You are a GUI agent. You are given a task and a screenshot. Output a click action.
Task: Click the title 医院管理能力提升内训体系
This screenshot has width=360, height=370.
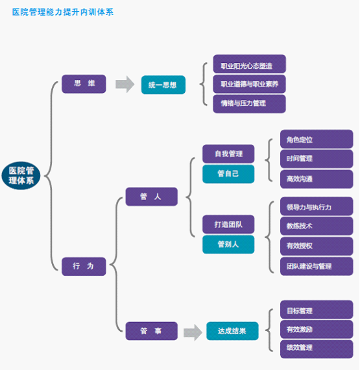[63, 12]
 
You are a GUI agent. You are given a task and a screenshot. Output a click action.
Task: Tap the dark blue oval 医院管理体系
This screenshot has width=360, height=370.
[21, 175]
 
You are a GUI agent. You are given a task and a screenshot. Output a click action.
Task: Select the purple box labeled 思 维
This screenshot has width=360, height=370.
[84, 84]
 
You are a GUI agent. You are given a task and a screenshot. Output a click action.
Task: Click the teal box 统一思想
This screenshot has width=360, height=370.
[163, 85]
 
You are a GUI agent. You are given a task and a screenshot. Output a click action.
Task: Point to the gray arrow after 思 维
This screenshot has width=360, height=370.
[125, 84]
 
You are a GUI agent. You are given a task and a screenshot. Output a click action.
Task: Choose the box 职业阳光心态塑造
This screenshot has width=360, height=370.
[250, 64]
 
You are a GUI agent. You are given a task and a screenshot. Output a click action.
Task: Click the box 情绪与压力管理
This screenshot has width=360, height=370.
[250, 104]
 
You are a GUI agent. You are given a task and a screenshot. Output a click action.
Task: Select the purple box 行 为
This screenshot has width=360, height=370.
[84, 266]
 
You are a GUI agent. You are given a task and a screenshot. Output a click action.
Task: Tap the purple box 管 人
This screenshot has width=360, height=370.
[152, 197]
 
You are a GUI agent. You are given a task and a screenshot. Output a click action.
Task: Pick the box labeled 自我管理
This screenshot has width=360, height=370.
[228, 154]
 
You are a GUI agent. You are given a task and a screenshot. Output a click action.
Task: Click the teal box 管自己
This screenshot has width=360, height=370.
[228, 174]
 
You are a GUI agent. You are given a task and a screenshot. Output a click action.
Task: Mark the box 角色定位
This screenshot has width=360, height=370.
[317, 139]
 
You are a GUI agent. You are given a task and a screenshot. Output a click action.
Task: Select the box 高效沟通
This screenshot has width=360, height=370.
[317, 179]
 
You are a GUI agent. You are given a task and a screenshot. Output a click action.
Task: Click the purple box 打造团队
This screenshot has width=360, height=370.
[228, 224]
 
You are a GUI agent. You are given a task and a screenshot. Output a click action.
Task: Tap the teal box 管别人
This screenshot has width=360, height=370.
[228, 245]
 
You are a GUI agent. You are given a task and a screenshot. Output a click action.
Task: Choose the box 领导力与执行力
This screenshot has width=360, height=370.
[317, 206]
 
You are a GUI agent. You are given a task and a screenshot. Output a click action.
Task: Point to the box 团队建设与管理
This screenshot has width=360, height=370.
[317, 266]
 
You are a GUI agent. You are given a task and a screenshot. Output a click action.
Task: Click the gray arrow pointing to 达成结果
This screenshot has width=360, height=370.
[193, 332]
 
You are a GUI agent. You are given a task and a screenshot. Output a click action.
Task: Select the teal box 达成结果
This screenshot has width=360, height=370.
[232, 331]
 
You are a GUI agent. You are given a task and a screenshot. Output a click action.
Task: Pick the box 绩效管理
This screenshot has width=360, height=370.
[317, 349]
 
